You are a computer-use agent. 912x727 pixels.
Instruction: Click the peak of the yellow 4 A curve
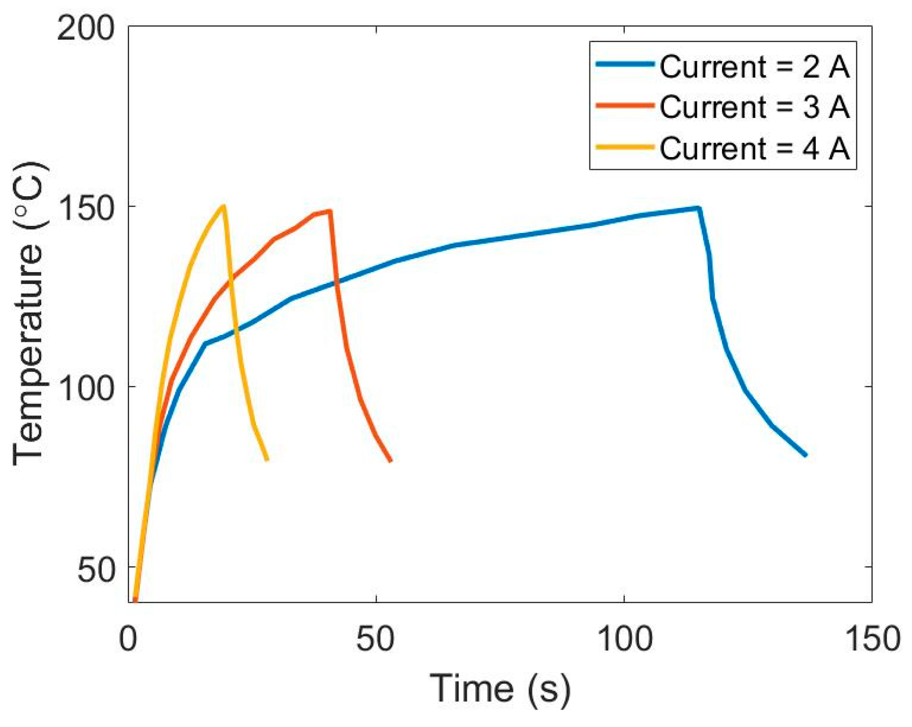(x=223, y=206)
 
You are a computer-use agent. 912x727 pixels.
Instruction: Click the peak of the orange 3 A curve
(x=330, y=211)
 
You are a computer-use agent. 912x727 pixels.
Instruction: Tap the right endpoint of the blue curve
(x=806, y=455)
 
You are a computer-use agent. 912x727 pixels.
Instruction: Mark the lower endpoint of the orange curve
(x=390, y=461)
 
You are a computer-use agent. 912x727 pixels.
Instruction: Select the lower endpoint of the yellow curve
(x=266, y=460)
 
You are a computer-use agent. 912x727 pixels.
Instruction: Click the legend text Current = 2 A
(x=755, y=67)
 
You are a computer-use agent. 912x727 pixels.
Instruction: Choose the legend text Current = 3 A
(x=755, y=107)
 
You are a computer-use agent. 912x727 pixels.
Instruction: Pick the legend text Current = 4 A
(x=755, y=148)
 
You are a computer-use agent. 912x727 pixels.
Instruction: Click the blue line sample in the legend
(x=625, y=64)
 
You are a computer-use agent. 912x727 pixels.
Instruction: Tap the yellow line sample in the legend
(x=625, y=146)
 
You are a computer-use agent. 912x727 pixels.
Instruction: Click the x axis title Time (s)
(x=500, y=689)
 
